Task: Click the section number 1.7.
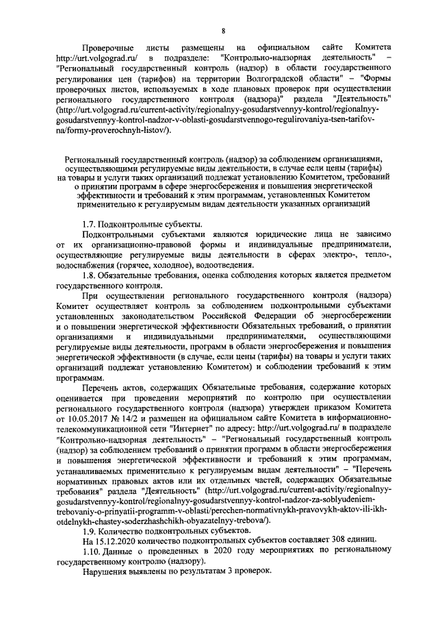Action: click(x=88, y=225)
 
